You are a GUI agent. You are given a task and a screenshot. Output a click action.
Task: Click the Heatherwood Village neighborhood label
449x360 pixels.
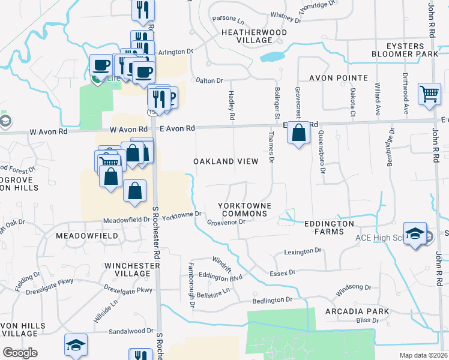[246, 36]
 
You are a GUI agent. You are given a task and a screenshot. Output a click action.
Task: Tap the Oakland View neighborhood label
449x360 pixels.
[226, 161]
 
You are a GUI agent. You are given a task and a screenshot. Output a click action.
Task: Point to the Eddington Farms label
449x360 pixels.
[328, 223]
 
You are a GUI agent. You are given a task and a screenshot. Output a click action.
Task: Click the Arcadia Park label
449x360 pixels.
[357, 312]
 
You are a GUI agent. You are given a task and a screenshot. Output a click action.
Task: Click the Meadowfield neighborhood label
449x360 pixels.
[87, 236]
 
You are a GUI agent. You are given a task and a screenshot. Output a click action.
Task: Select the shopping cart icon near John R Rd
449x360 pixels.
[429, 94]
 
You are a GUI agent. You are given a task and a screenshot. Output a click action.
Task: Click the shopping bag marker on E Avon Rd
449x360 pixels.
[298, 133]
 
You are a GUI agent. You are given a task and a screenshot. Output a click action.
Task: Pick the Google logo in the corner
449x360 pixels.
[20, 353]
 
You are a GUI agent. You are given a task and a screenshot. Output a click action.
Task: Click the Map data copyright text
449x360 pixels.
[423, 355]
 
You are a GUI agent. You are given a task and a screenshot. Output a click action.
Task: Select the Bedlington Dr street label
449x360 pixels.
[272, 299]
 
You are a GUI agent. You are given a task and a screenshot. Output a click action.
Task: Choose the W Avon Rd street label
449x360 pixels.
[128, 129]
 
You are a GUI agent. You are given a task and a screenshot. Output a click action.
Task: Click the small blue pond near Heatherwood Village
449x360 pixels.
[272, 57]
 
